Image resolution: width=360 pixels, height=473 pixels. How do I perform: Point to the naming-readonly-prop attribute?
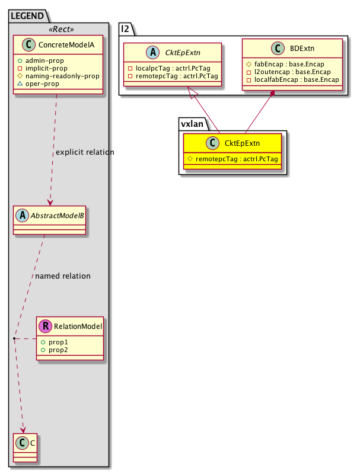point(69,76)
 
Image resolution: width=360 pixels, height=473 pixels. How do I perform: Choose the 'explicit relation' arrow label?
point(85,152)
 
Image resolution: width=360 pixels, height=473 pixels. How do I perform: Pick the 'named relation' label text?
point(63,276)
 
